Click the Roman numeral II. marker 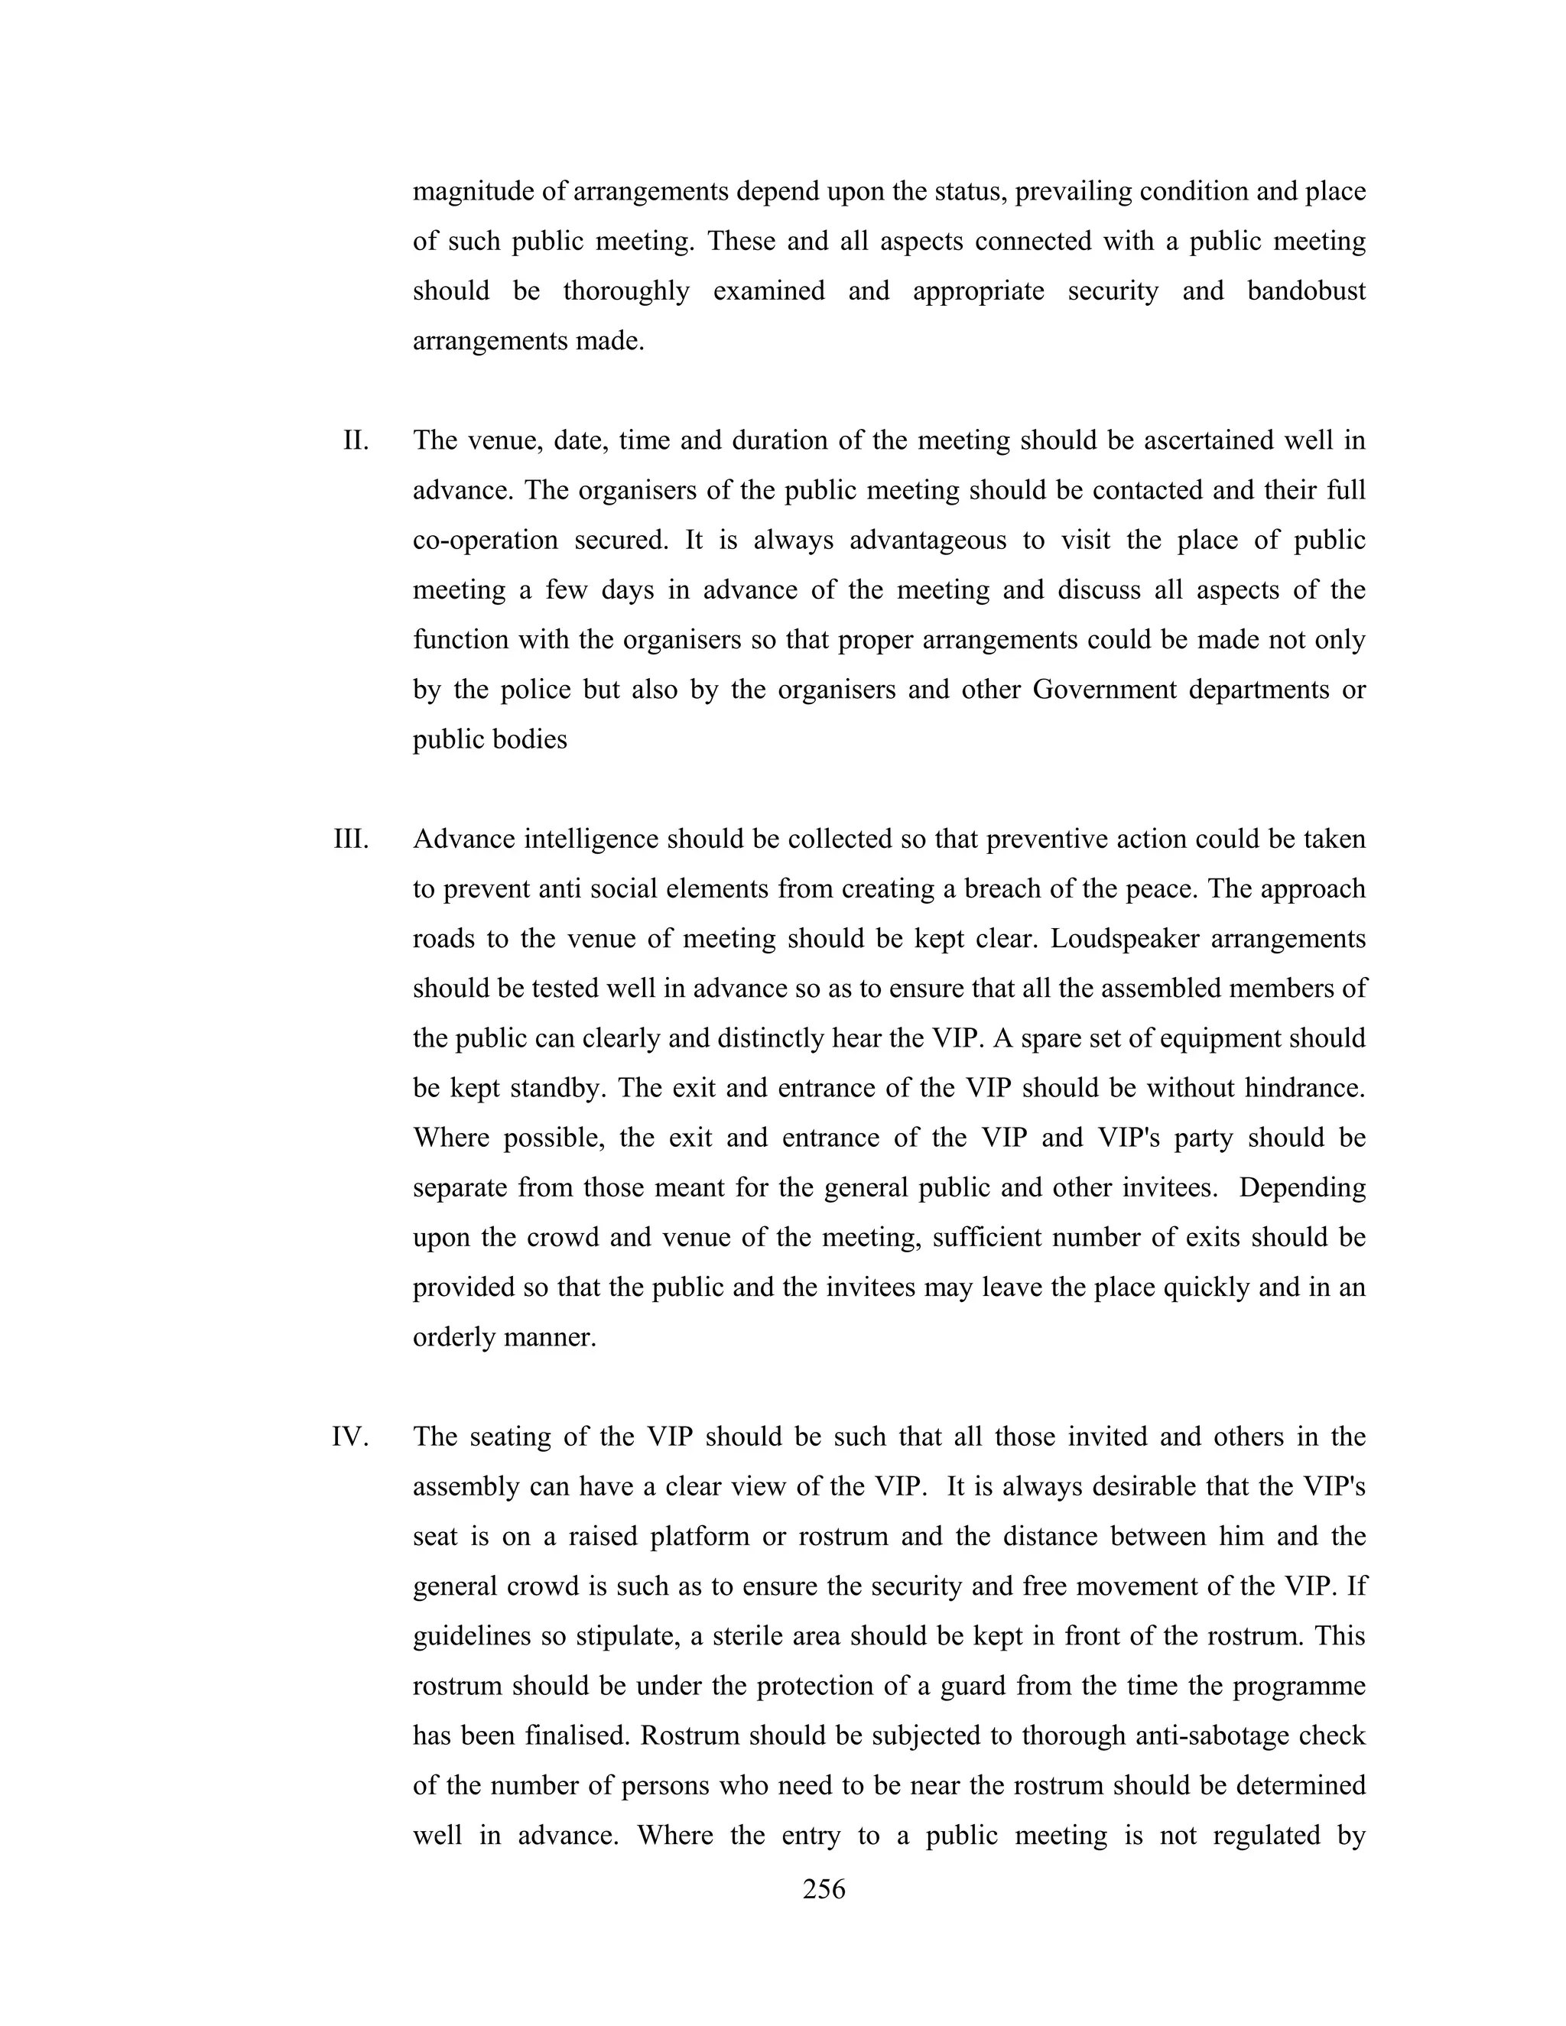[x=356, y=440]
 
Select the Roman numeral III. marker [x=352, y=839]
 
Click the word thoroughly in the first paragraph [x=626, y=291]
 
